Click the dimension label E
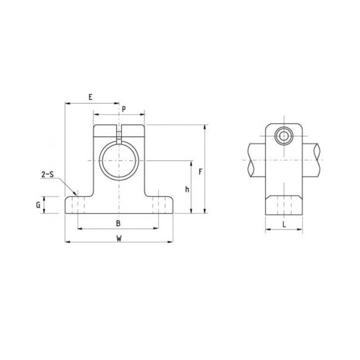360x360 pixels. pos(90,97)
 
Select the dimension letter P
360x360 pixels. pos(124,109)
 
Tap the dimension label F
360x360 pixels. pos(200,171)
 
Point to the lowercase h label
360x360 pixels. pos(187,189)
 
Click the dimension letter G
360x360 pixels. pos(38,205)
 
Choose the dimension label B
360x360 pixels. pos(118,223)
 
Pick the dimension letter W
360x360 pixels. pos(118,238)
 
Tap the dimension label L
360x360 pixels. pos(284,224)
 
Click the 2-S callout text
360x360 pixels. pos(47,174)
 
